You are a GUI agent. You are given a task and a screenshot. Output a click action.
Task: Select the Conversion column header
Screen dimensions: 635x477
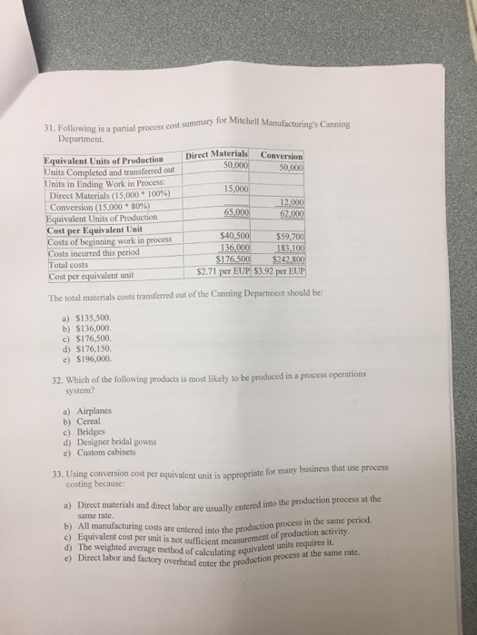point(282,154)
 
